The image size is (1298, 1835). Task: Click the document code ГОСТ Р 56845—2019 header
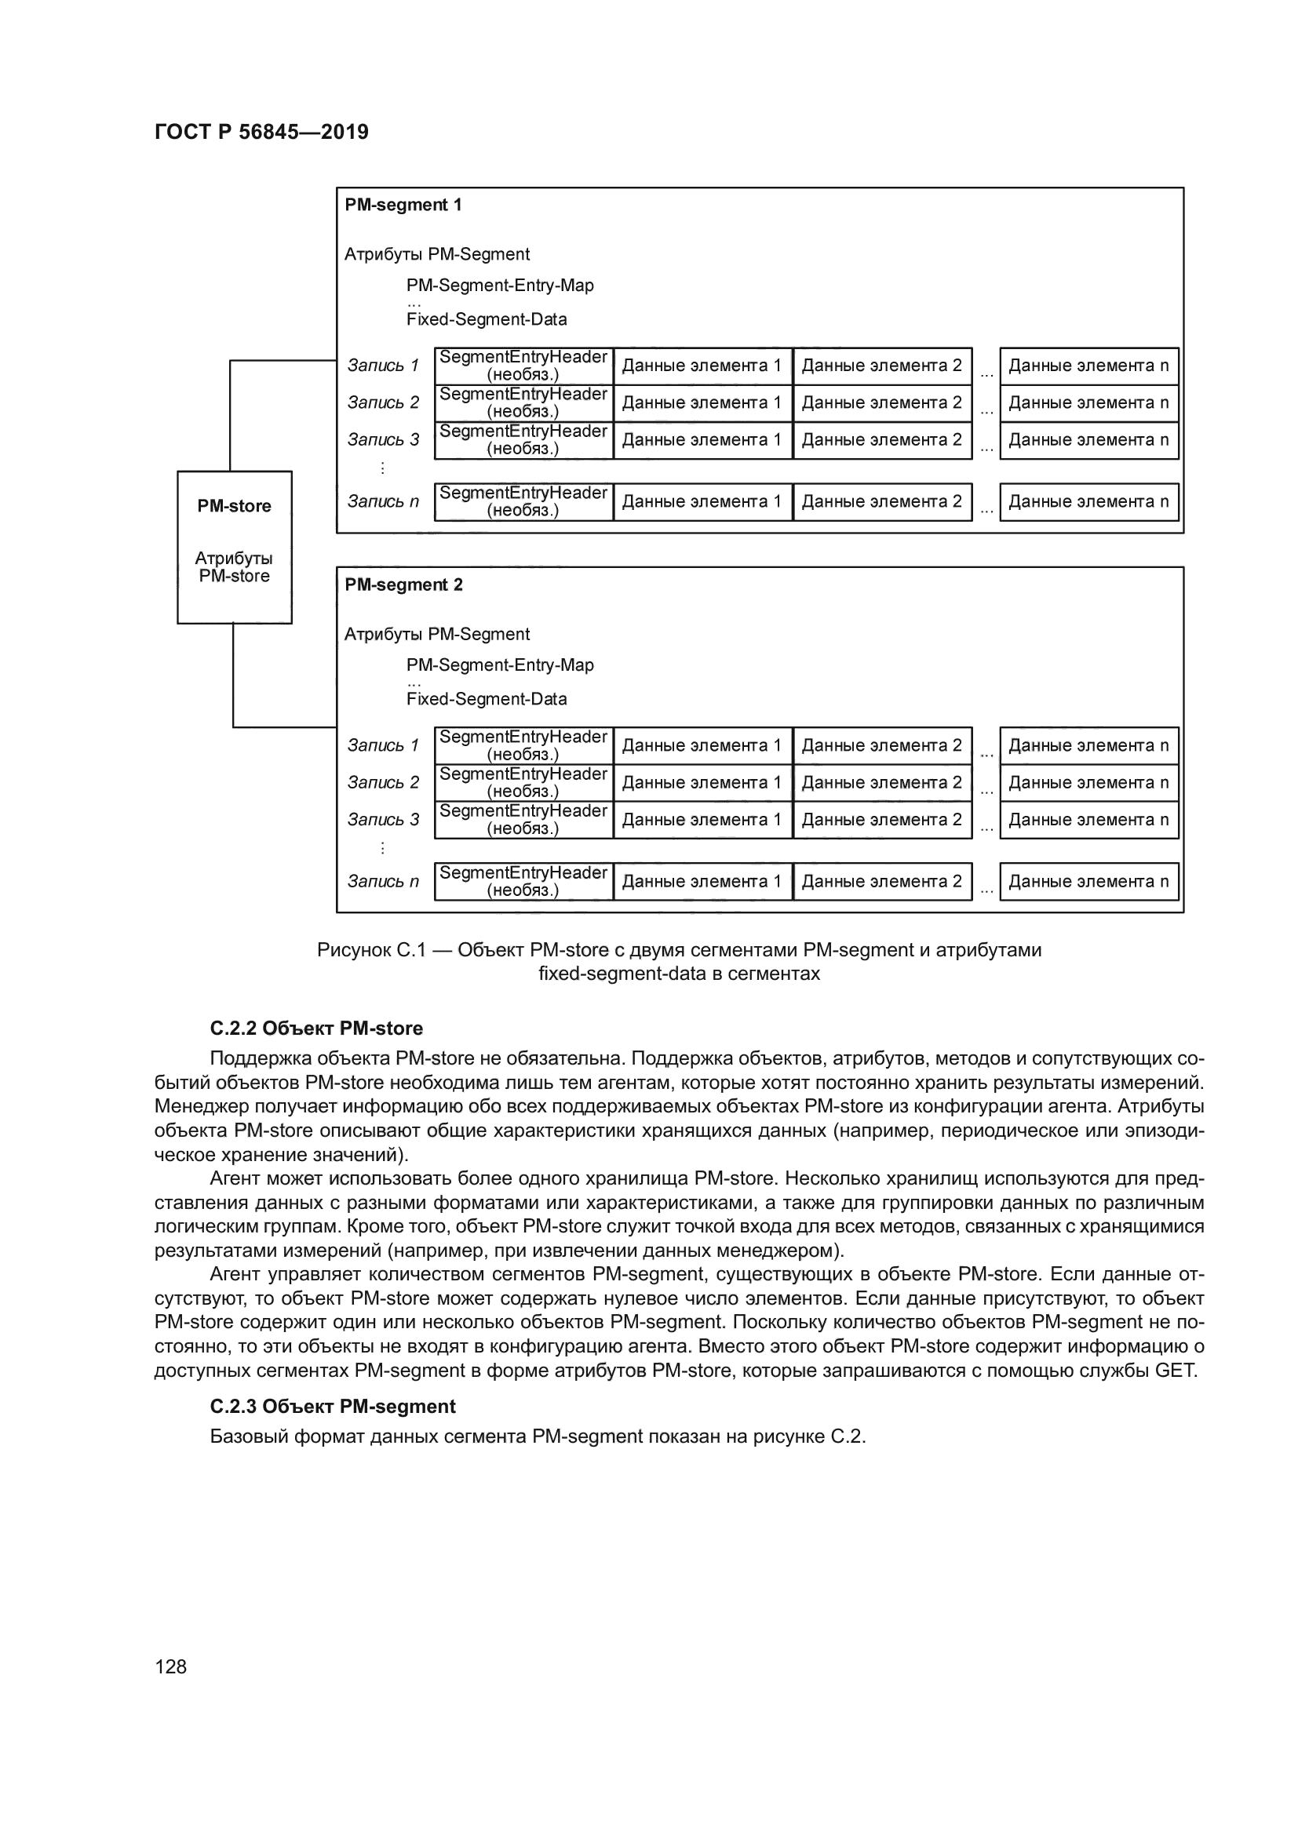click(261, 132)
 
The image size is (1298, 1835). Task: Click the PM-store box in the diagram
click(234, 548)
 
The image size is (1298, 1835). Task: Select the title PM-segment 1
click(403, 205)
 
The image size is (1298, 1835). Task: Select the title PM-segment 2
click(403, 584)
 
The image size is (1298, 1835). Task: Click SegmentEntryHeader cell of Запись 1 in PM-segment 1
click(523, 366)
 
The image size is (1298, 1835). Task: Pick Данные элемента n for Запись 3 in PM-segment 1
click(1088, 439)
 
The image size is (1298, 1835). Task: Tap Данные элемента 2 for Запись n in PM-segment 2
click(881, 881)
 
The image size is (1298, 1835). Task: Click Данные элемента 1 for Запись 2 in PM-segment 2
click(702, 782)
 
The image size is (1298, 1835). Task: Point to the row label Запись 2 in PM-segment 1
click(383, 402)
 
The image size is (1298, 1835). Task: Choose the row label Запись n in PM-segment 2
click(383, 881)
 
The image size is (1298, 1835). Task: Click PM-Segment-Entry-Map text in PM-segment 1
click(500, 286)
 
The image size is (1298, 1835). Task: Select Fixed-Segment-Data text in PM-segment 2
click(486, 698)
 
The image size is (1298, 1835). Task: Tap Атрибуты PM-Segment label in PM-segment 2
click(436, 634)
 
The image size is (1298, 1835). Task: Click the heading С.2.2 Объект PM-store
click(316, 1028)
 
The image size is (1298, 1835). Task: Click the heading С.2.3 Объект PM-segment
click(333, 1406)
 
